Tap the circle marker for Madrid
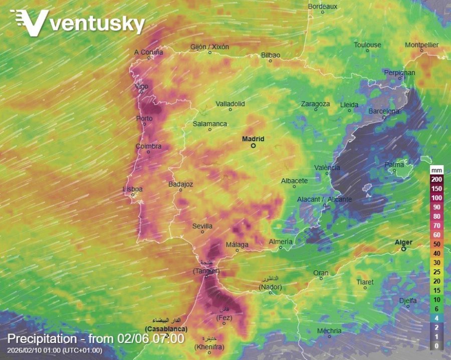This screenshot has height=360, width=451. tap(253, 146)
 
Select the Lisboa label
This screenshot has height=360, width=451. tap(133, 189)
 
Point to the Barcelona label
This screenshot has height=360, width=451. tap(384, 111)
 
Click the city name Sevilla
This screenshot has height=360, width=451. tap(202, 226)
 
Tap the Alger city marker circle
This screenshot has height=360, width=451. tap(403, 249)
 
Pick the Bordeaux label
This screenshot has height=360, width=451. tap(323, 7)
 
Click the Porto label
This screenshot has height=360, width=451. tap(144, 118)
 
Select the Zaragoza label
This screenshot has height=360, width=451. tap(315, 104)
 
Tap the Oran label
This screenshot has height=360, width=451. tap(321, 272)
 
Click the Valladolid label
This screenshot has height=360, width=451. tap(230, 104)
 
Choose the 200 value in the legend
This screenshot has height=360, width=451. tap(437, 179)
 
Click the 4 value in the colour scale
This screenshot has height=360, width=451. tap(437, 318)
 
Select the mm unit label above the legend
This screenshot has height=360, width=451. tap(437, 170)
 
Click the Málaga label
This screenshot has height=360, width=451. tap(237, 244)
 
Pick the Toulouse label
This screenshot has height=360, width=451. tap(367, 45)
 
